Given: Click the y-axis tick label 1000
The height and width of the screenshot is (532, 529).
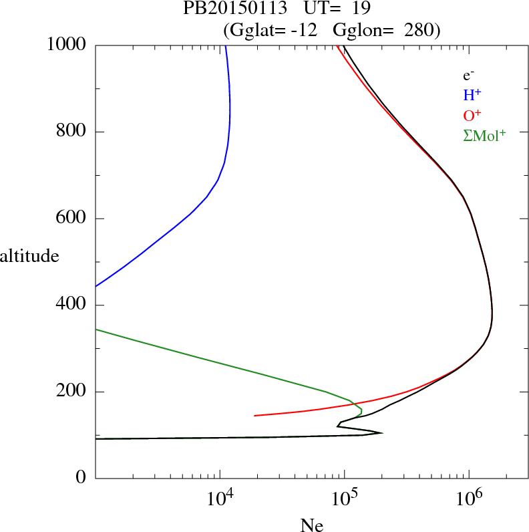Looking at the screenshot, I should coord(67,45).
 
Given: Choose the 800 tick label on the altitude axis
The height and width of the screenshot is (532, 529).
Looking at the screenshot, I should coord(72,132).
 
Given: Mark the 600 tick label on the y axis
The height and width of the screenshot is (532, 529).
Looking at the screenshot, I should coord(72,219).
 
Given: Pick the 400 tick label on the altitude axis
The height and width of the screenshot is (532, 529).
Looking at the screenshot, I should coord(72,305).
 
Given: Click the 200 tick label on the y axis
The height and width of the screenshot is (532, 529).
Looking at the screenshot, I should coord(72,392).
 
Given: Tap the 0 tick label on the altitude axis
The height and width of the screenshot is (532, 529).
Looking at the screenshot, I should coord(81,479).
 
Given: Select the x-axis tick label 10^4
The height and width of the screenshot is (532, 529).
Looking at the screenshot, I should coord(219,498).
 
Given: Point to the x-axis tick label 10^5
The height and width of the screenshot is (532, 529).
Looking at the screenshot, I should coord(344,498).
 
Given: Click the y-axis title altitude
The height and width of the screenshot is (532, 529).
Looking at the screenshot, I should coord(29,255).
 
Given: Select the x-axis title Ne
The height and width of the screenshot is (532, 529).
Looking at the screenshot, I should coord(311,525).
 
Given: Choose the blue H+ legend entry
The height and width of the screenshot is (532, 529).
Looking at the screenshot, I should coord(472,96).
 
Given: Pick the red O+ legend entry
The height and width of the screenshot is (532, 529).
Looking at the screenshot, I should coord(472,116).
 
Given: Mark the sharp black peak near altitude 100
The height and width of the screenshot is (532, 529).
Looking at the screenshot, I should coord(381,433).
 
